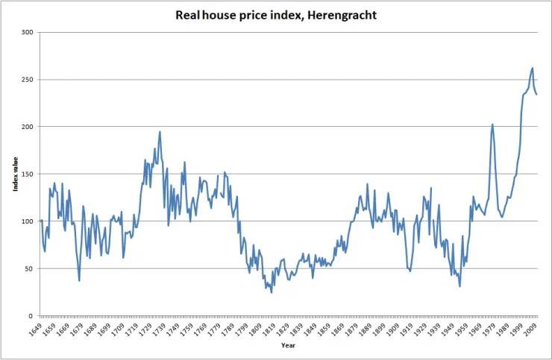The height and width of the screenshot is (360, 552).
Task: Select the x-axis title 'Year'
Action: [288, 345]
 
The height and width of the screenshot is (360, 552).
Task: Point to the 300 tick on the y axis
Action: [28, 33]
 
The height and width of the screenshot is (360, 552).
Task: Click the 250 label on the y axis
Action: [28, 80]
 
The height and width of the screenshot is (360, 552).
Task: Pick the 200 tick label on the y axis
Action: [28, 127]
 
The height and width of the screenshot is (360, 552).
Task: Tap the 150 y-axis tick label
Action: [28, 174]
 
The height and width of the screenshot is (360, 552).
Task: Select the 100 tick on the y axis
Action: [28, 221]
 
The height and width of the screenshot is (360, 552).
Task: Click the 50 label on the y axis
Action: [30, 268]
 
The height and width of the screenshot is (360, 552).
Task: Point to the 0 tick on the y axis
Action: [32, 316]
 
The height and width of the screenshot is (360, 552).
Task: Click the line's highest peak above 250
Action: [532, 68]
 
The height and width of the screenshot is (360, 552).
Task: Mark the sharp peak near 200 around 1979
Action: [492, 124]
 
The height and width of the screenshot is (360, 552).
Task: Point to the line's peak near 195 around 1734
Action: [160, 132]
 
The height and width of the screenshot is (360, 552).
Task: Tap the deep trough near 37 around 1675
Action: [79, 280]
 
